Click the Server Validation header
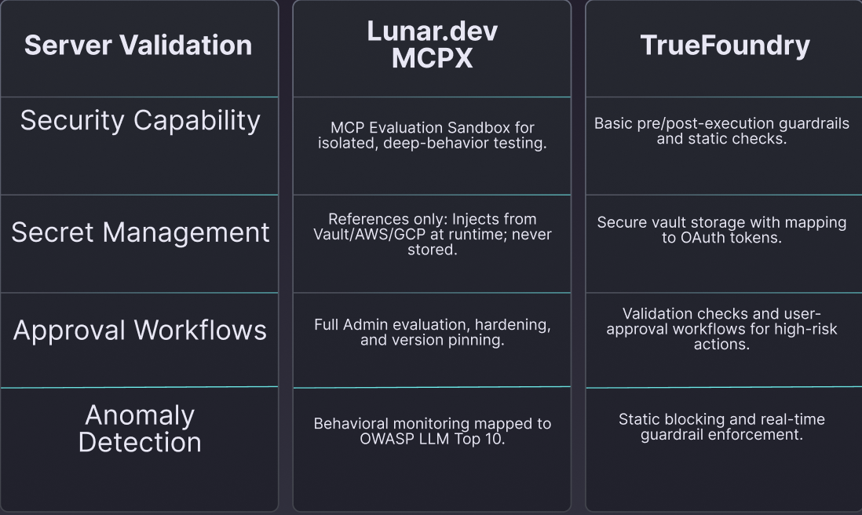138,46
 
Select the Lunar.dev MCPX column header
432,45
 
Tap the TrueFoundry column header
725,46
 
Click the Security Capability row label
140,120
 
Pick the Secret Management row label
140,232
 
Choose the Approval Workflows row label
140,331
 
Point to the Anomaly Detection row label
140,428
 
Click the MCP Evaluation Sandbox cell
432,136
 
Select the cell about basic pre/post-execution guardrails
722,131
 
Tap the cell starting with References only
432,234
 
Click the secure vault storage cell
722,229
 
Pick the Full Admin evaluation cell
432,332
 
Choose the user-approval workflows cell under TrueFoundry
722,329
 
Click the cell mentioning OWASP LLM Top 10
432,430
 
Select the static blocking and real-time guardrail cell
722,426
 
